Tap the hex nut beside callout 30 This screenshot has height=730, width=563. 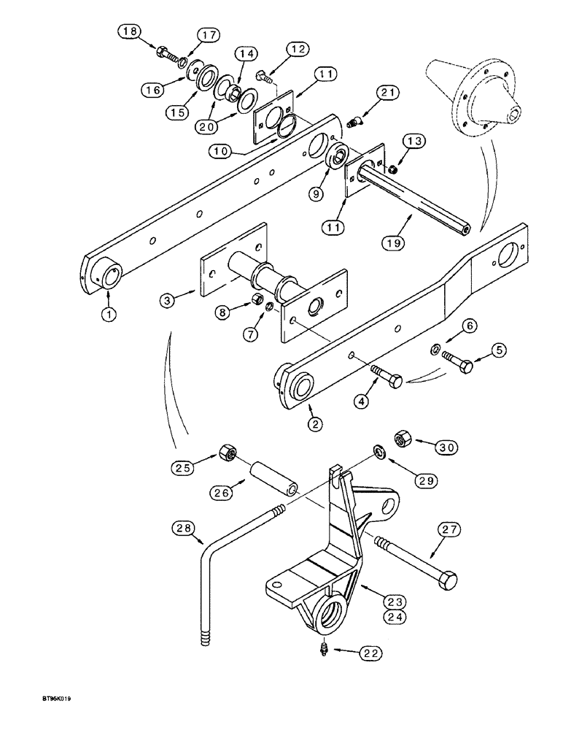coord(402,439)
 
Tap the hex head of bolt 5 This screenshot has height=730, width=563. coord(465,364)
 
